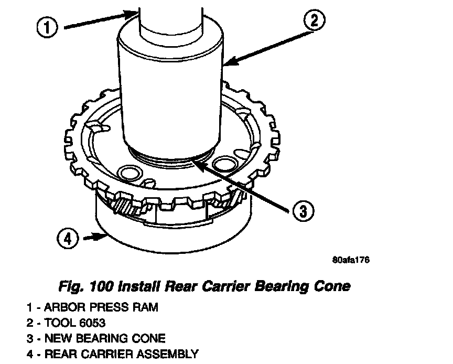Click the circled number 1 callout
coord(48,28)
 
